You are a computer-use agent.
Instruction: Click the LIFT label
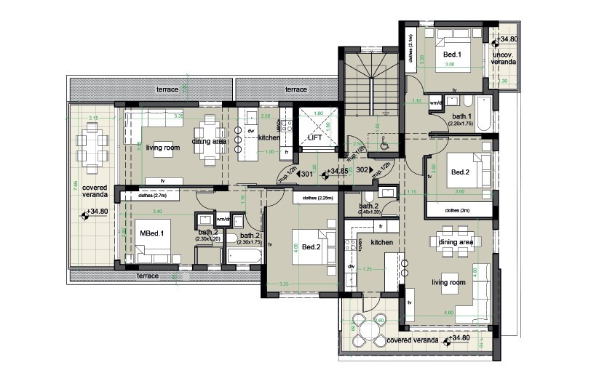pos(316,137)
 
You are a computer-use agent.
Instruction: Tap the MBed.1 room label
pos(151,233)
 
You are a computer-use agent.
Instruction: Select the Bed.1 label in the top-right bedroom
pos(452,55)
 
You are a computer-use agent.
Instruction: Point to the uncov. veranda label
pos(504,59)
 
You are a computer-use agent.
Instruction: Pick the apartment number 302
pos(362,169)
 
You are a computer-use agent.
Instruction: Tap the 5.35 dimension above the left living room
pos(178,114)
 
